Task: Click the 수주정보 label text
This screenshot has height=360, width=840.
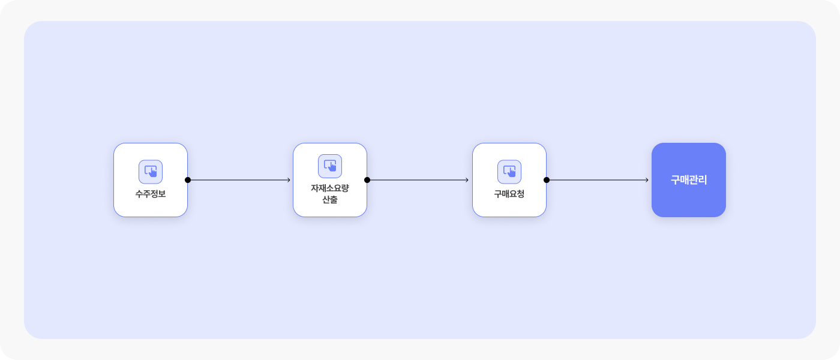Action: point(151,194)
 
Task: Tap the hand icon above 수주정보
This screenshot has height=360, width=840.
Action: point(151,172)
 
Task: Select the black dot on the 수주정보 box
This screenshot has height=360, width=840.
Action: point(188,180)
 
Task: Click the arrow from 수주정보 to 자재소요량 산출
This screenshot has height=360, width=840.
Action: point(239,180)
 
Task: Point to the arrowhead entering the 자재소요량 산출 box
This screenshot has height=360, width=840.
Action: point(289,180)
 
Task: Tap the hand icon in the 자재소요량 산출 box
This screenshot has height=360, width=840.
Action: point(330,166)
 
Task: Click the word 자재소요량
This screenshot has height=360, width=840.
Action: point(330,188)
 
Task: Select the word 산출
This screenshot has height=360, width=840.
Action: point(330,200)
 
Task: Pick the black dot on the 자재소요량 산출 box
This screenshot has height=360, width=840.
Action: point(367,180)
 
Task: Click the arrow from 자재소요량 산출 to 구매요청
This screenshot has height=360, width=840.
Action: point(418,180)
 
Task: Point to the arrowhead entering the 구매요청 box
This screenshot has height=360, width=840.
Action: point(467,180)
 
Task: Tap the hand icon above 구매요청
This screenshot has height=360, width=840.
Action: point(509,172)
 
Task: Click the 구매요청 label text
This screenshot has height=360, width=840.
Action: point(509,194)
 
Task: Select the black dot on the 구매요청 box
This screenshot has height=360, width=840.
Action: point(547,180)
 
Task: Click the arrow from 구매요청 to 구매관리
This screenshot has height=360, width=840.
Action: point(598,180)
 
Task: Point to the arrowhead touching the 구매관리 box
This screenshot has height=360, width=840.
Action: point(647,180)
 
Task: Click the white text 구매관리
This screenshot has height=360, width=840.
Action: point(689,180)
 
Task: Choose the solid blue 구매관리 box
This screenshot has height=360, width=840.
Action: point(689,180)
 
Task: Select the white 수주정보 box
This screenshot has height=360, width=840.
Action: point(151,180)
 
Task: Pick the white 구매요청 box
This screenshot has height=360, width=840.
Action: point(509,180)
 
